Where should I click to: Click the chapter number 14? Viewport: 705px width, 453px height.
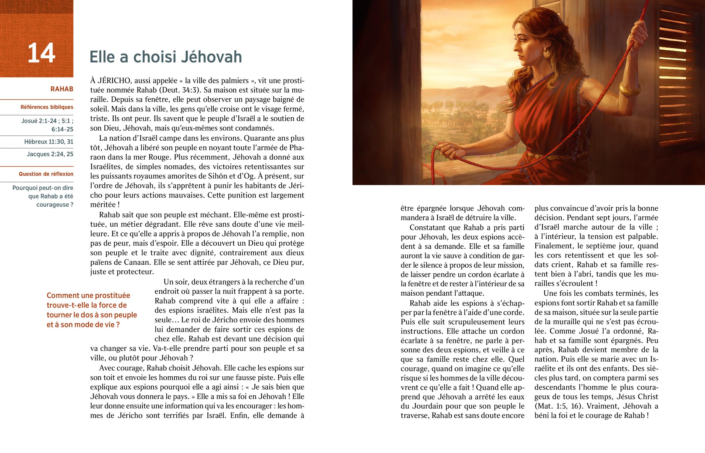tap(41, 53)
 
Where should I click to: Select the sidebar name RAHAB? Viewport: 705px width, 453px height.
tap(62, 89)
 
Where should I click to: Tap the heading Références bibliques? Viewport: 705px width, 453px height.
tap(47, 107)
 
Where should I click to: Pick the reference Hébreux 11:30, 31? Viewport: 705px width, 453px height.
tap(49, 142)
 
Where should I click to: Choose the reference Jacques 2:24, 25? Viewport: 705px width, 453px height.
tap(50, 154)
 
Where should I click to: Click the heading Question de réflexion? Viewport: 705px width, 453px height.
tap(46, 174)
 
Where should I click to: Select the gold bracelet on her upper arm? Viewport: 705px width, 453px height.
tap(630, 89)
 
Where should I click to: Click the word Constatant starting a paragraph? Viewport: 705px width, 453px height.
tap(428, 228)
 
